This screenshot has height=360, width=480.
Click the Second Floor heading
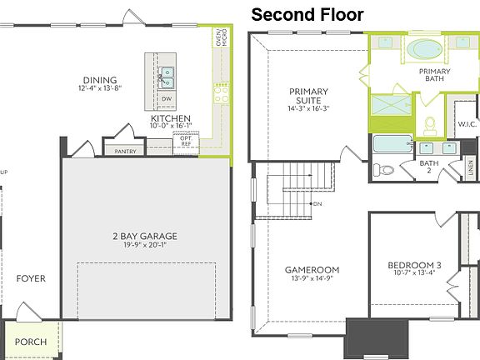click(x=307, y=14)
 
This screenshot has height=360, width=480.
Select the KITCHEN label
click(x=171, y=118)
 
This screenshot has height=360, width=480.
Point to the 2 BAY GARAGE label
click(x=146, y=236)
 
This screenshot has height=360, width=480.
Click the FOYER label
click(x=31, y=278)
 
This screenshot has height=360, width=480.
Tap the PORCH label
click(x=31, y=342)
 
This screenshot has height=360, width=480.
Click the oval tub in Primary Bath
click(x=426, y=47)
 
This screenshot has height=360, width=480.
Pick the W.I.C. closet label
click(x=466, y=125)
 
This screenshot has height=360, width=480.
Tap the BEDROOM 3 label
click(x=414, y=267)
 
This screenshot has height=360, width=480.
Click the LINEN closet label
click(x=470, y=169)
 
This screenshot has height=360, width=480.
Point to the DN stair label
click(x=317, y=204)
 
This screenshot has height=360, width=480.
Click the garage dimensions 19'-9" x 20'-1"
click(x=146, y=246)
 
